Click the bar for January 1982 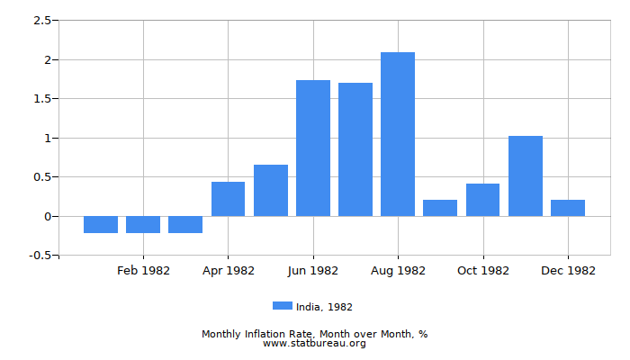pyautogui.click(x=101, y=224)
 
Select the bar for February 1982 pyautogui.click(x=143, y=224)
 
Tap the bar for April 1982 pyautogui.click(x=228, y=199)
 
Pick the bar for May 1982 pyautogui.click(x=271, y=190)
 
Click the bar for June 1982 pyautogui.click(x=313, y=148)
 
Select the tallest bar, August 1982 pyautogui.click(x=398, y=134)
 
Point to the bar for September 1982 pyautogui.click(x=440, y=208)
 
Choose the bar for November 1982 pyautogui.click(x=526, y=175)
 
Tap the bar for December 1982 pyautogui.click(x=568, y=208)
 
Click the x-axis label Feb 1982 pyautogui.click(x=143, y=271)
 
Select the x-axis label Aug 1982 pyautogui.click(x=398, y=271)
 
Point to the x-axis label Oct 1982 pyautogui.click(x=483, y=271)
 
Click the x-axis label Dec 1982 pyautogui.click(x=568, y=271)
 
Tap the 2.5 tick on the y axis pyautogui.click(x=42, y=21)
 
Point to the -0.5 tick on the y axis pyautogui.click(x=40, y=256)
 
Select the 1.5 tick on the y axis pyautogui.click(x=42, y=99)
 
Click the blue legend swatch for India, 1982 pyautogui.click(x=283, y=306)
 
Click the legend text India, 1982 pyautogui.click(x=324, y=307)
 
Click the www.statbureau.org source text pyautogui.click(x=314, y=343)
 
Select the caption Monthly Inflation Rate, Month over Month pyautogui.click(x=314, y=334)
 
